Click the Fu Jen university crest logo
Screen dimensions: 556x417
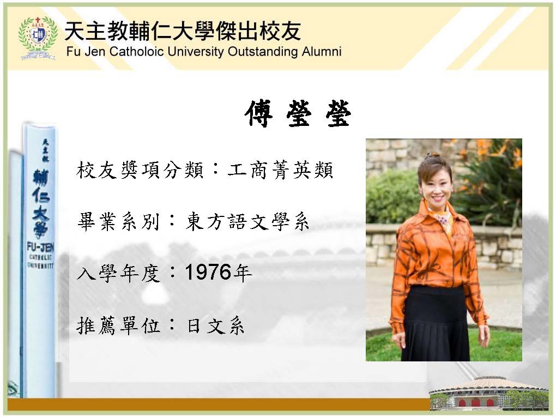point(38,38)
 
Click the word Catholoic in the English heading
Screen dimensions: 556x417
point(136,51)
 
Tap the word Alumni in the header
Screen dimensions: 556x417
point(322,51)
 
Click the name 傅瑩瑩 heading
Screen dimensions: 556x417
point(298,113)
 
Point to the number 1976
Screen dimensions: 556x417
point(208,273)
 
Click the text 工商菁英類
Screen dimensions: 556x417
point(281,170)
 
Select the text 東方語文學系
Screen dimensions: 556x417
point(247,222)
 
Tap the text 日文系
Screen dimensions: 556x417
point(216,325)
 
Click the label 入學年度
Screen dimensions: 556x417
point(118,274)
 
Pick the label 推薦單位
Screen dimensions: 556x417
point(118,325)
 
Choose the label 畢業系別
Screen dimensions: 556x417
point(118,222)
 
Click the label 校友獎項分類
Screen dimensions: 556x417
point(140,170)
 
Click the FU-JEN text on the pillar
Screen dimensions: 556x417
point(40,246)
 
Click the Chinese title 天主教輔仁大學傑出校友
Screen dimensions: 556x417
point(183,31)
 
